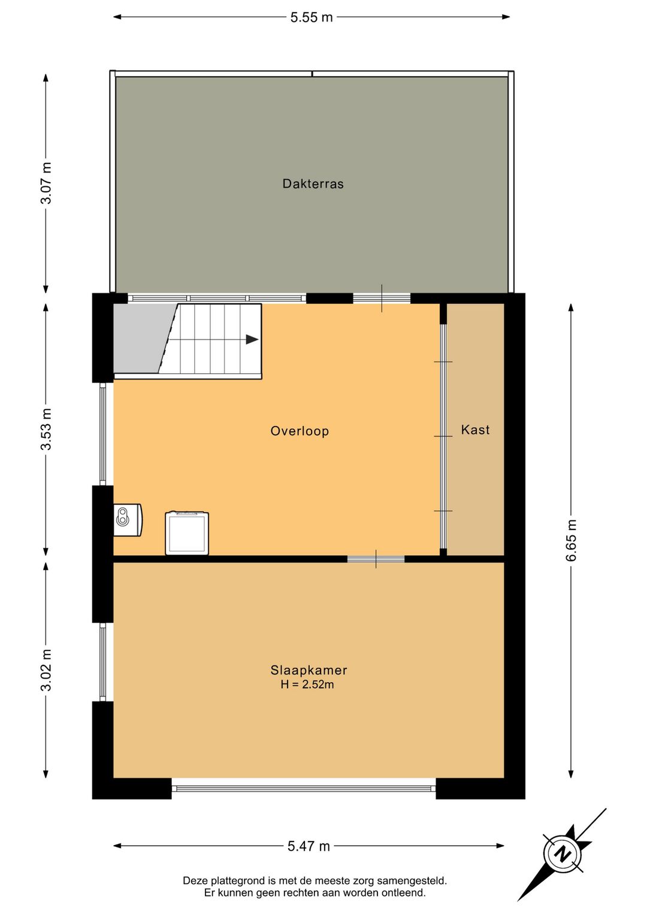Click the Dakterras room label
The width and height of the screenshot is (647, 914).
point(313,184)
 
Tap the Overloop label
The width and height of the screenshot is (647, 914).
point(300,431)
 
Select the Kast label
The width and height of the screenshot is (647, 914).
point(475,429)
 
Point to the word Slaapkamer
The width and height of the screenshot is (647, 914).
point(309,670)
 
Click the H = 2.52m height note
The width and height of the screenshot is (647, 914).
point(307,684)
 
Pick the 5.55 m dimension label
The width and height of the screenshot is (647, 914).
point(312,17)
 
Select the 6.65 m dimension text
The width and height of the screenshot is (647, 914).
point(571,540)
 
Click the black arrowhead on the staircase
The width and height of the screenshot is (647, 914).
point(252,340)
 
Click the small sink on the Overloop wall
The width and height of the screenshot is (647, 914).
point(128,520)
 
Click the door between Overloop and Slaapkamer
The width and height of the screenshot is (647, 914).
point(376,559)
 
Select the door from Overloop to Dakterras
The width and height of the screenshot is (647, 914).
point(382,298)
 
